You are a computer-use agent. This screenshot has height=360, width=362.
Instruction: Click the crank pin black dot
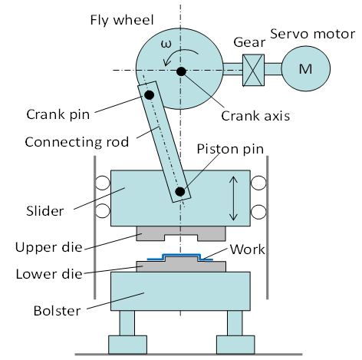pos(150,95)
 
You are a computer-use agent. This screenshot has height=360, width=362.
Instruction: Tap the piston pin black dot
pos(180,191)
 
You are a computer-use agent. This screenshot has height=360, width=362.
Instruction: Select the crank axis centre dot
pos(181,71)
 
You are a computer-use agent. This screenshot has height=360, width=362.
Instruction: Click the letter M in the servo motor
pos(305,69)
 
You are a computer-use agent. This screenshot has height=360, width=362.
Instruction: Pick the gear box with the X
pos(253,70)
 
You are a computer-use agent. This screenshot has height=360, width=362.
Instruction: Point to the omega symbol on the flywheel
pos(166,44)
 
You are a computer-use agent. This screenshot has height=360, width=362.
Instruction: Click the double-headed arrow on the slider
pos(233,198)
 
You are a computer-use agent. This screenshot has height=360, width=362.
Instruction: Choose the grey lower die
pos(181,266)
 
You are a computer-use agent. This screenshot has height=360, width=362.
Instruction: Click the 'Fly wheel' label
pos(122,20)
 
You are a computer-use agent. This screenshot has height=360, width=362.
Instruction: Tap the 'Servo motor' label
pos(313,34)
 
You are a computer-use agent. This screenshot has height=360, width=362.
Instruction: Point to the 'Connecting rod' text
pos(77,142)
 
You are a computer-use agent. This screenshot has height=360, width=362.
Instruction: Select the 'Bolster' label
pos(57,311)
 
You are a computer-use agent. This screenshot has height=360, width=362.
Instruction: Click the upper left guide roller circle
pos(103,183)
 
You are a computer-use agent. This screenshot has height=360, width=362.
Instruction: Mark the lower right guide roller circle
pos(258,212)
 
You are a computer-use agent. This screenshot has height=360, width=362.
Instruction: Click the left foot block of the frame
pos(127,345)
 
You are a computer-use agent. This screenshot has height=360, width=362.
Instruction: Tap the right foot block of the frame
pos(235,345)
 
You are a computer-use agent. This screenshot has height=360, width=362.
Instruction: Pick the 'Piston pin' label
pos(230,149)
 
